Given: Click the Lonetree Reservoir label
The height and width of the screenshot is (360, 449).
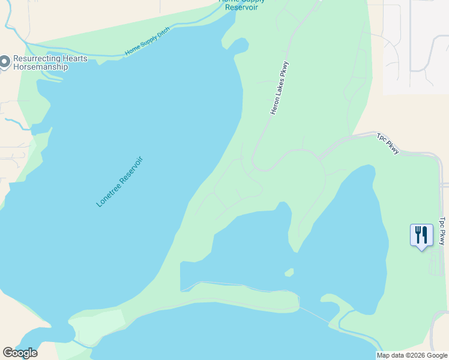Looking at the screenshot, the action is click(x=120, y=182).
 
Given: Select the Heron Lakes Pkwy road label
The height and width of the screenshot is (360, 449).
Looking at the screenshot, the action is click(x=280, y=88).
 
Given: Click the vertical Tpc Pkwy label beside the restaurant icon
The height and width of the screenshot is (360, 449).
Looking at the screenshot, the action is click(x=442, y=230).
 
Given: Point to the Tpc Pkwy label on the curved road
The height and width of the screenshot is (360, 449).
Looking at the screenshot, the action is click(x=388, y=143).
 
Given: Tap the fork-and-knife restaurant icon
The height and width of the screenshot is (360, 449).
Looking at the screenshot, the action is click(x=421, y=235).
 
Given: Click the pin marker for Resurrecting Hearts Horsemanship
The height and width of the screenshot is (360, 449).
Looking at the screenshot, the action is click(x=5, y=62).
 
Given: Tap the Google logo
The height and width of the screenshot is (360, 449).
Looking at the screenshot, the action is click(x=20, y=353).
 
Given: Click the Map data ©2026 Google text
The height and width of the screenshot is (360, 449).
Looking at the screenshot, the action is click(x=412, y=355).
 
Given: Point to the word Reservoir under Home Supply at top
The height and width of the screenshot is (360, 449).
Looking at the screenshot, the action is click(x=242, y=8).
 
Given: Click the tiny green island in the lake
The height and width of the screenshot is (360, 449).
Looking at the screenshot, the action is click(x=289, y=272).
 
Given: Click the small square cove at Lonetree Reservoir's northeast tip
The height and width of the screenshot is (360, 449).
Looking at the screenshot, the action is click(x=240, y=45).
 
